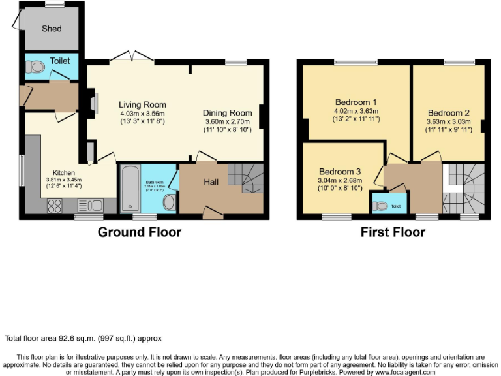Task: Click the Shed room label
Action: point(52,28)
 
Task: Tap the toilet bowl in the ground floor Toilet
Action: point(37,65)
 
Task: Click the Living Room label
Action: point(142,104)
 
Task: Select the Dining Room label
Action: point(227,113)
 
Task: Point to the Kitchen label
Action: point(60,173)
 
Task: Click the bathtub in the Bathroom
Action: point(128,190)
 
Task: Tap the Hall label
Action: point(211,182)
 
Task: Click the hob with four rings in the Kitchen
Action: point(55,206)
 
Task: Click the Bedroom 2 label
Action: point(449,113)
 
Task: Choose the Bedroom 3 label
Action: point(339,172)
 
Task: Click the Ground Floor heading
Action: point(140,232)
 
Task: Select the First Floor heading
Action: point(393,232)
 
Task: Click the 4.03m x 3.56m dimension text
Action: point(142,113)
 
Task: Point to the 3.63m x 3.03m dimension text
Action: point(449,121)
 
